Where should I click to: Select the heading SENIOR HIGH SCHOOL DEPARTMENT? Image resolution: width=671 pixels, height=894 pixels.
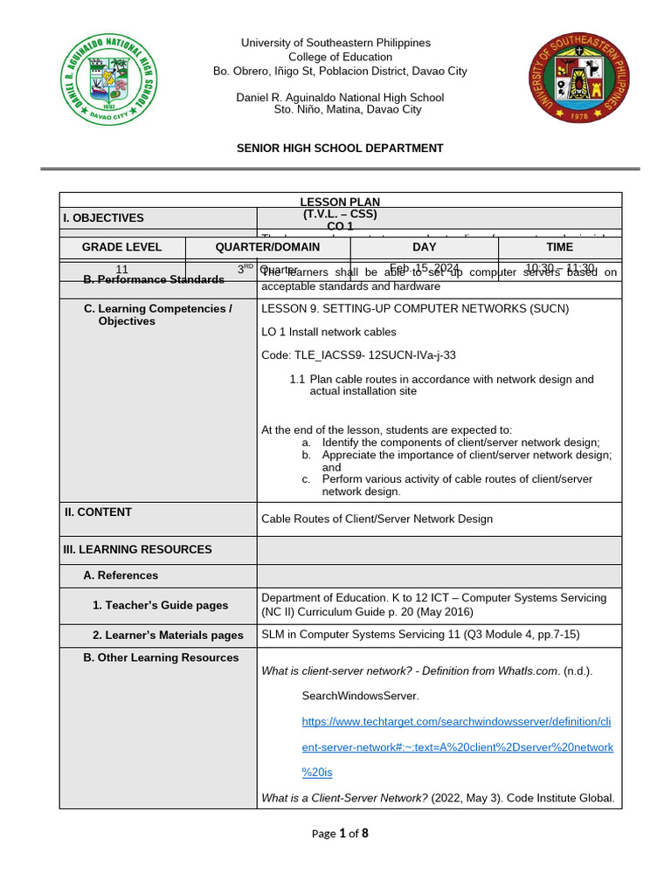tap(340, 148)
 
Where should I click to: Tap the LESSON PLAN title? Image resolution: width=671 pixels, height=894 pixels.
tap(340, 202)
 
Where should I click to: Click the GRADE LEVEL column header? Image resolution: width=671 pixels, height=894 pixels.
tap(122, 247)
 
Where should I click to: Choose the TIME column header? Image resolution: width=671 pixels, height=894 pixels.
tap(559, 247)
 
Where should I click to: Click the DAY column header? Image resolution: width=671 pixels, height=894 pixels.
tap(424, 247)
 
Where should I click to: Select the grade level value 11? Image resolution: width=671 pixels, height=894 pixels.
tap(122, 269)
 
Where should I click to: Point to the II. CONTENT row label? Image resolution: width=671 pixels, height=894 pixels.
tap(98, 512)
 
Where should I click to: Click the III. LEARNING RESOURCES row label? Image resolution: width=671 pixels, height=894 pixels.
tap(138, 549)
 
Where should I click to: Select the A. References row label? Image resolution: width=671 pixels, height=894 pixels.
tap(121, 575)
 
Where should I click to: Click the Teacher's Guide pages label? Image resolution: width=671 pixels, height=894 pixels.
tap(160, 605)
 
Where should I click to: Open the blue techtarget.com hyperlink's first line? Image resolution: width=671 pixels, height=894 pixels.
tap(457, 722)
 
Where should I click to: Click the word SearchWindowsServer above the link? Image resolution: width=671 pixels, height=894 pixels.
tap(360, 697)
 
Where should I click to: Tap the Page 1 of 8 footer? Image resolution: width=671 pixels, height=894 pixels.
tap(340, 833)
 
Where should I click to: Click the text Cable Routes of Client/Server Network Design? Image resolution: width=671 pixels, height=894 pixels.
tap(377, 519)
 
